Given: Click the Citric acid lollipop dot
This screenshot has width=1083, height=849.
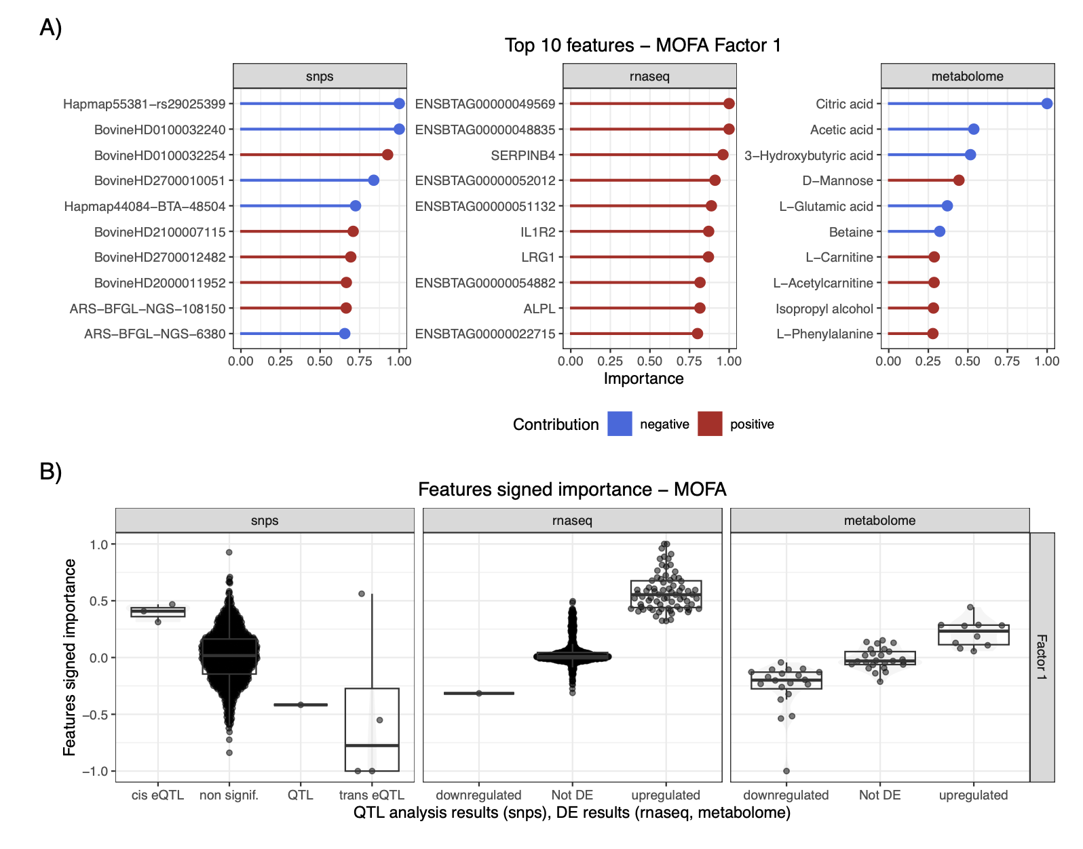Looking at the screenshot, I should pyautogui.click(x=1046, y=104).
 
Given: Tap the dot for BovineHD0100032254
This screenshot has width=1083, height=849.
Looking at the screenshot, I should pyautogui.click(x=387, y=155).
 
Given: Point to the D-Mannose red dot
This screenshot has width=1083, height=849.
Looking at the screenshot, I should pyautogui.click(x=958, y=180).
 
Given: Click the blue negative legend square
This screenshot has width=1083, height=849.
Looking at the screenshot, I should pyautogui.click(x=620, y=424).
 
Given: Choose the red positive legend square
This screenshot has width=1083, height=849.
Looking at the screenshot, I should pyautogui.click(x=710, y=424).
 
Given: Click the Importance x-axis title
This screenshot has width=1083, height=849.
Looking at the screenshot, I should pyautogui.click(x=643, y=378).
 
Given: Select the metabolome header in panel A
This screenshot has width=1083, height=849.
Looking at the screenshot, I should pyautogui.click(x=967, y=77).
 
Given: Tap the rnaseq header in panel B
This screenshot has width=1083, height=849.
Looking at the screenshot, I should pyautogui.click(x=572, y=521).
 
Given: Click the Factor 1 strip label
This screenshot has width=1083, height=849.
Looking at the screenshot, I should pyautogui.click(x=1042, y=657).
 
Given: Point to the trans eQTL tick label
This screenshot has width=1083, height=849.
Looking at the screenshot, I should pyautogui.click(x=371, y=795).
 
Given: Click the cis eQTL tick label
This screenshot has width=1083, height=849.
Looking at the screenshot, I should pyautogui.click(x=157, y=795).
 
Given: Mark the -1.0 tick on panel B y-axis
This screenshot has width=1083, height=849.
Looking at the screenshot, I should pyautogui.click(x=95, y=771).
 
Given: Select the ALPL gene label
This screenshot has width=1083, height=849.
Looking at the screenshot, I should pyautogui.click(x=539, y=309).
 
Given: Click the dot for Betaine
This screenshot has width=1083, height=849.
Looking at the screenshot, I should pyautogui.click(x=939, y=231).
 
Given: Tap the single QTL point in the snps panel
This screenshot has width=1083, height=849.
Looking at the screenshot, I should pyautogui.click(x=301, y=705).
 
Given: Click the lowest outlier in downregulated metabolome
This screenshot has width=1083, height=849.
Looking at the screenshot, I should pyautogui.click(x=786, y=771).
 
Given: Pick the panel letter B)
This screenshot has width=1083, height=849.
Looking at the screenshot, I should pyautogui.click(x=51, y=471).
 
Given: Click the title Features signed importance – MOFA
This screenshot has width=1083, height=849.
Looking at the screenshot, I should pyautogui.click(x=572, y=490).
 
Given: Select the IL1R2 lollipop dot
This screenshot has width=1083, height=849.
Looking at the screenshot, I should pyautogui.click(x=708, y=231).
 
